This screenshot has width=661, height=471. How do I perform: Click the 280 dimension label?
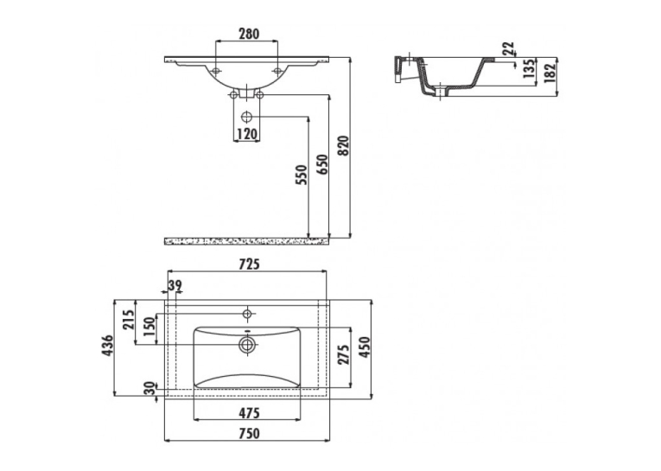point(249,34)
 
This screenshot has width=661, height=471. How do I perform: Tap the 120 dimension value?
point(246,134)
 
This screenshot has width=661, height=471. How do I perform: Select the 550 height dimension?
point(302,175)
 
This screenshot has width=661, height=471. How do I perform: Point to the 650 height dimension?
point(321,165)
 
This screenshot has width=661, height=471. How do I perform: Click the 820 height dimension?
point(344,146)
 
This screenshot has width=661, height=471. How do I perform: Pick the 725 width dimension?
point(249,264)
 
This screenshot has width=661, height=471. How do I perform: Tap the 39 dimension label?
point(175,285)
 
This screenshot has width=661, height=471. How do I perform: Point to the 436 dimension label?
point(107,346)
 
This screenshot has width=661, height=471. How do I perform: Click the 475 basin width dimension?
point(249,413)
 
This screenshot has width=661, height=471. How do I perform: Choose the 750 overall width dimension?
point(249,433)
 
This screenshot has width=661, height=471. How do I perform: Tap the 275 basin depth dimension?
point(344,354)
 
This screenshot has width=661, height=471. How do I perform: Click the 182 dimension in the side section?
point(550,72)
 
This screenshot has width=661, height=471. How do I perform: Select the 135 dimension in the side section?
point(528,69)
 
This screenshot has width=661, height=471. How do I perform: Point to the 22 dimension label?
point(508,48)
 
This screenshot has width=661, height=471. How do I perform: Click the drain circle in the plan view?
point(247,345)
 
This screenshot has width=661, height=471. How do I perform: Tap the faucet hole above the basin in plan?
point(247,314)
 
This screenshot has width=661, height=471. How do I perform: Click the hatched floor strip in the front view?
point(246,241)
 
